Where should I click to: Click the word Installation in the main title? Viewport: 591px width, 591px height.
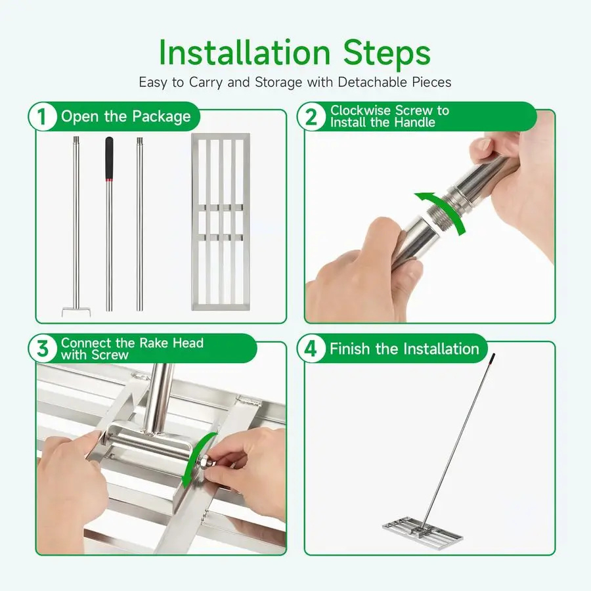pos(245,53)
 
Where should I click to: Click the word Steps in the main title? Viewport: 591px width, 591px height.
pos(387,53)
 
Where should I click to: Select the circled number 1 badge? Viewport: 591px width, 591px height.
pos(42,116)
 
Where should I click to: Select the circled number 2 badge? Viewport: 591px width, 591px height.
pos(311,116)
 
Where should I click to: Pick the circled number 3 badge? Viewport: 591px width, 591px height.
pos(42,348)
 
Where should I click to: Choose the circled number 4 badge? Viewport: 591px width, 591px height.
pos(311,348)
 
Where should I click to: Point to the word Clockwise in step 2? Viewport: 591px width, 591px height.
pos(361,110)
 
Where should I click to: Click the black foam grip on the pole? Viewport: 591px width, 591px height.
pos(109,157)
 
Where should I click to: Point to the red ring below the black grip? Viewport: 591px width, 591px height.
pos(109,180)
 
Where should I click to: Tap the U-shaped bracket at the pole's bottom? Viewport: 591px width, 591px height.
pos(76,312)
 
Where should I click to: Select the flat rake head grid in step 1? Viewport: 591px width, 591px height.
pos(221,222)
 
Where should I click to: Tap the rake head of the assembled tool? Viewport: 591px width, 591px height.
pos(423,530)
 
